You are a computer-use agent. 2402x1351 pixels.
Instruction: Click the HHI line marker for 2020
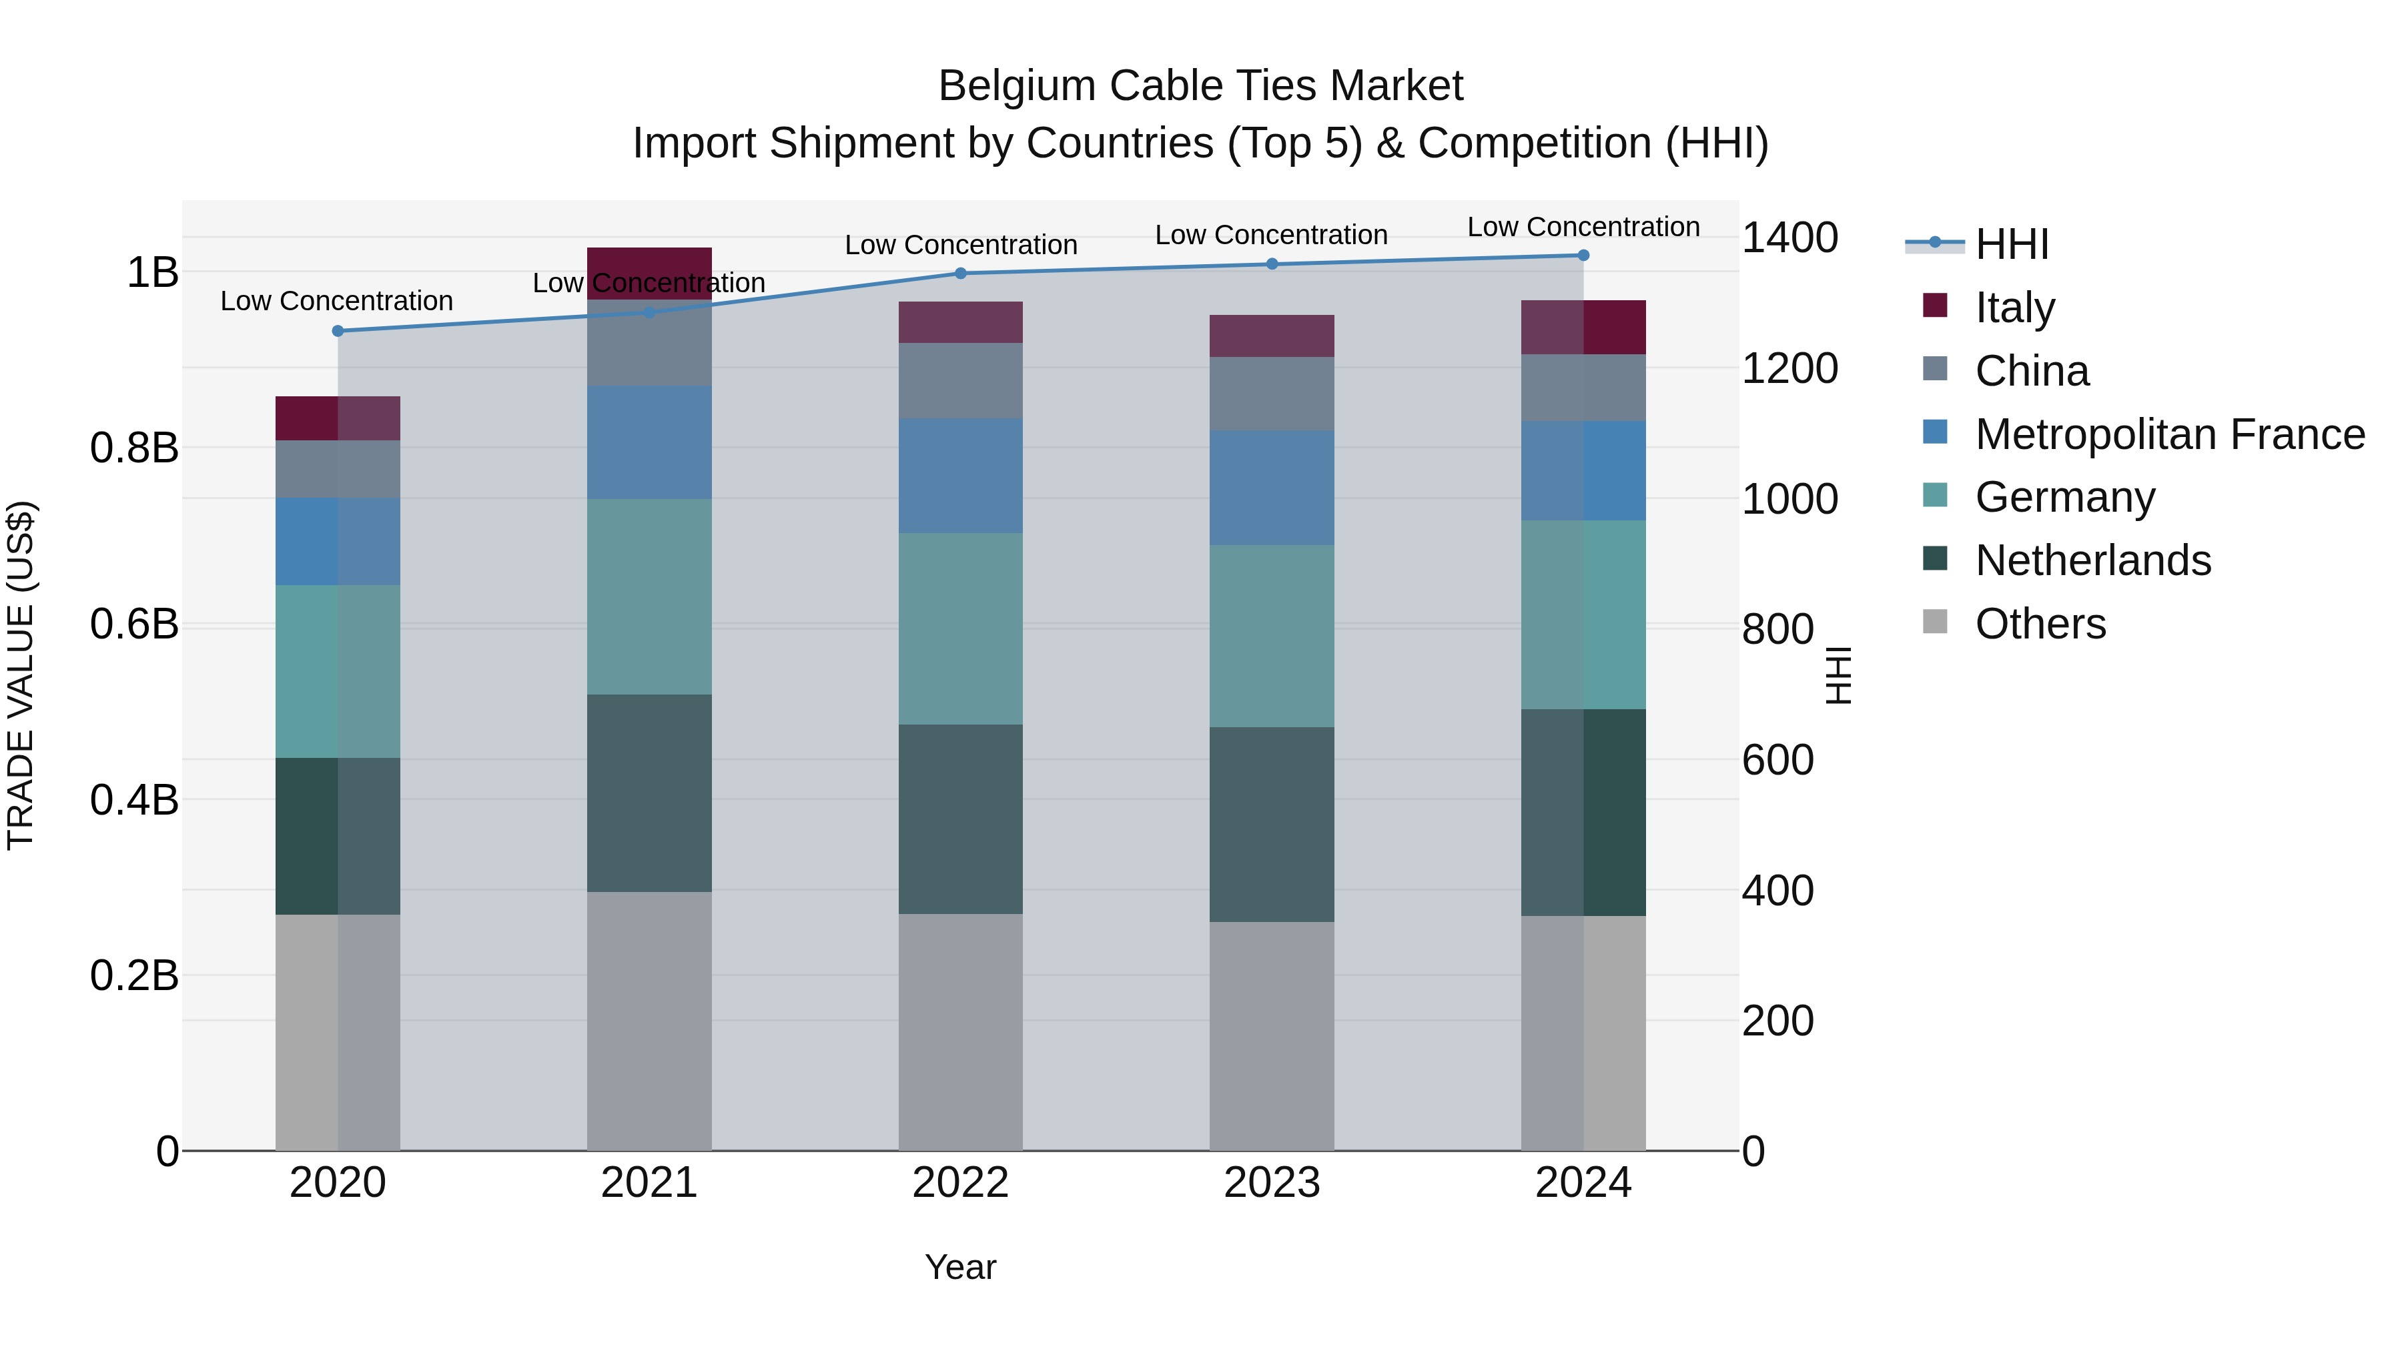tap(338, 331)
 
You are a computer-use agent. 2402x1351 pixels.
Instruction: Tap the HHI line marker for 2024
tap(1583, 256)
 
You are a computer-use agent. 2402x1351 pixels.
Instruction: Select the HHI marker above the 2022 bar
tap(960, 273)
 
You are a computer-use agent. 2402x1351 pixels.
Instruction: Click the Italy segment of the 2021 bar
tap(649, 263)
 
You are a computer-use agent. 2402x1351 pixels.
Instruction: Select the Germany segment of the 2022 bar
tap(960, 628)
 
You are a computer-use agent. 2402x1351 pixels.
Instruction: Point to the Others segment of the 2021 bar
tap(649, 1021)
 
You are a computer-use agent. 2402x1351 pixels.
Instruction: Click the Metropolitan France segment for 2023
tap(1272, 488)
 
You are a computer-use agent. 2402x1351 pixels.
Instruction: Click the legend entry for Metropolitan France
tap(2169, 434)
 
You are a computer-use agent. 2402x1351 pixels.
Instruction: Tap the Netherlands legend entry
tap(2092, 560)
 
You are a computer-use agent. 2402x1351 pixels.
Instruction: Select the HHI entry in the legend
tap(2011, 244)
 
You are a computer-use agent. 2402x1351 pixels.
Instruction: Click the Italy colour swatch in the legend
tap(1935, 305)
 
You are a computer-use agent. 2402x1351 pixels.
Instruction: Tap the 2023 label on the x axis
tap(1272, 1183)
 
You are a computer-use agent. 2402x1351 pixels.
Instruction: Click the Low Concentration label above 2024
tap(1583, 227)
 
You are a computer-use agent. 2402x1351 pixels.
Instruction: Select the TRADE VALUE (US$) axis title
tap(21, 675)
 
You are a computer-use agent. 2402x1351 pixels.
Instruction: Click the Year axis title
tap(960, 1267)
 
